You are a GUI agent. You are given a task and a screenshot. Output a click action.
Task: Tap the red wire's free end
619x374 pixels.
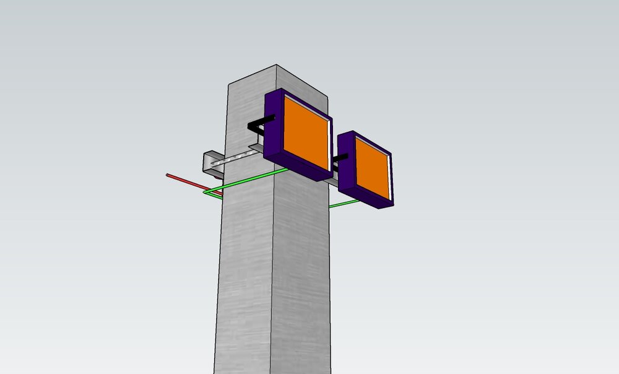pyautogui.click(x=168, y=175)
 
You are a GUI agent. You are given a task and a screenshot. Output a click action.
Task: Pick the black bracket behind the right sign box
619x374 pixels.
pyautogui.click(x=338, y=162)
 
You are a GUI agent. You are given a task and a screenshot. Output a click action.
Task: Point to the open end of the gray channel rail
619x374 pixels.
pyautogui.click(x=207, y=162)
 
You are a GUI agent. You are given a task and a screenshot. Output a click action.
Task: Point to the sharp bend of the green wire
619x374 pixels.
pyautogui.click(x=204, y=193)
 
